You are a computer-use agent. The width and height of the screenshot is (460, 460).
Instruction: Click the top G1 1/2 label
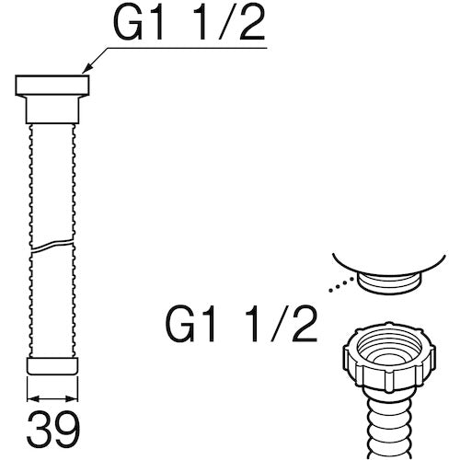click(x=189, y=24)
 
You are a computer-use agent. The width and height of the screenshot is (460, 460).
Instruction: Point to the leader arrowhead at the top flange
click(x=87, y=70)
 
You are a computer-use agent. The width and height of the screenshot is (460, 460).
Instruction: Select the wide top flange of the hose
click(x=52, y=86)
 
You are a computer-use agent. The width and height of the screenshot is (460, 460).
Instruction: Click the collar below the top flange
click(x=52, y=109)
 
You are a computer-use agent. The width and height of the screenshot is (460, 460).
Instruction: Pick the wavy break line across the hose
click(x=52, y=245)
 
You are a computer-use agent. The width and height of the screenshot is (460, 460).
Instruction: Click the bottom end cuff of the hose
click(x=52, y=366)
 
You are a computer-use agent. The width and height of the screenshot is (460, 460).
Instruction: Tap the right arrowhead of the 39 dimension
click(x=72, y=398)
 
